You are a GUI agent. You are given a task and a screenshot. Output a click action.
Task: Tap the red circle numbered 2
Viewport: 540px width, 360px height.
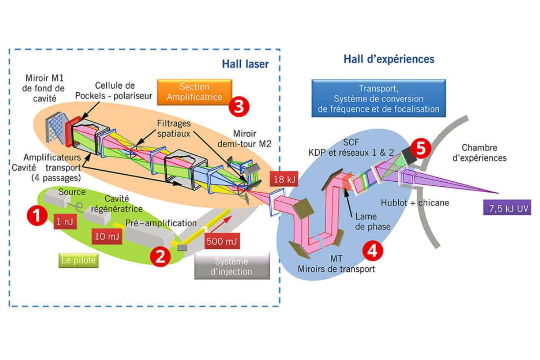[160, 256]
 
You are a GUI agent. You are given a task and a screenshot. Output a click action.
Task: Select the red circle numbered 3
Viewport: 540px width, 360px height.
[239, 106]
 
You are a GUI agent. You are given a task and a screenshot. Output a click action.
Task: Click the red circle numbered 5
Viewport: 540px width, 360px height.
[421, 148]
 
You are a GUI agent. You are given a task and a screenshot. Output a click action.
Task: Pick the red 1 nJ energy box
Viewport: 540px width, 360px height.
[65, 221]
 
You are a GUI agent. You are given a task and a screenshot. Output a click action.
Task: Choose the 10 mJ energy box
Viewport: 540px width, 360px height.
[107, 236]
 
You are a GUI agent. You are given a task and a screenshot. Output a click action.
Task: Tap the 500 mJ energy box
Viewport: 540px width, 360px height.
[222, 241]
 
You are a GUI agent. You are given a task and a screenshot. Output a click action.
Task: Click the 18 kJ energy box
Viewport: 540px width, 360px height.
[284, 179]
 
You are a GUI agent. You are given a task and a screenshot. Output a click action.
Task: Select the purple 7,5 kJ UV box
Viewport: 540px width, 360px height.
[507, 207]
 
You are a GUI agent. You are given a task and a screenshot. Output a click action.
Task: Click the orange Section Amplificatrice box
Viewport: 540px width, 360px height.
[194, 92]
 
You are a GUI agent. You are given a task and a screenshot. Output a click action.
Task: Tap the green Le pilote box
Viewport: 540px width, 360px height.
[79, 261]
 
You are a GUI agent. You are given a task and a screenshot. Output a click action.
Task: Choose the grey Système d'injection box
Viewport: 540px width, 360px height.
[232, 266]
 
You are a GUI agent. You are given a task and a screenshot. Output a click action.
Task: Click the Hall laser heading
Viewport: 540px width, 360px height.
[245, 64]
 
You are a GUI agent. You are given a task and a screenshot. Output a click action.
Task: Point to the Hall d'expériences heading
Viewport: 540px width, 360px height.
[389, 59]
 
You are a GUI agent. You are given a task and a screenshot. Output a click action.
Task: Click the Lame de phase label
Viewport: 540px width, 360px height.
[373, 221]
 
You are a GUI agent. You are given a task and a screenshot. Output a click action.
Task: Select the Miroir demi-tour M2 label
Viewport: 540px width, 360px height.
[244, 139]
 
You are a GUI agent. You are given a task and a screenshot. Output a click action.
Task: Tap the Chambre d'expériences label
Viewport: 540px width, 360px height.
[480, 153]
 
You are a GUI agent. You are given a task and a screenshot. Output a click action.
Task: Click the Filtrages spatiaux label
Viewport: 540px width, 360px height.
[174, 129]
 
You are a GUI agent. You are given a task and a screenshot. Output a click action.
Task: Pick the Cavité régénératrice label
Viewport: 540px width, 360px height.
[117, 204]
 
